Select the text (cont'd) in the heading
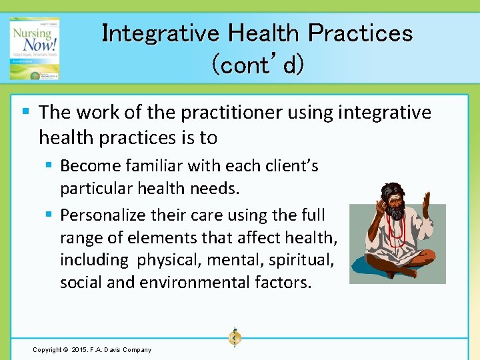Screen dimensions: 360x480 (257, 65)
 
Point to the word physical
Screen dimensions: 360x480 (167, 259)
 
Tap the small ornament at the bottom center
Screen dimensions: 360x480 (234, 338)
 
